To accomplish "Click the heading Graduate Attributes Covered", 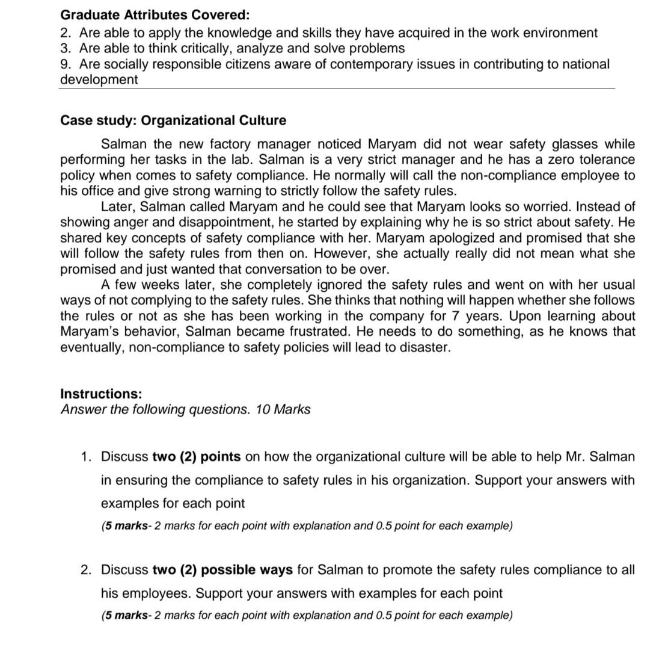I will pyautogui.click(x=155, y=14).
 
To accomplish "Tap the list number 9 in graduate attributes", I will pyautogui.click(x=66, y=64).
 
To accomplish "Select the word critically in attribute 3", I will pyautogui.click(x=207, y=48).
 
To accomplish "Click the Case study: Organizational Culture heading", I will pyautogui.click(x=173, y=120).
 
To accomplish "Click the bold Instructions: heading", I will pyautogui.click(x=101, y=394).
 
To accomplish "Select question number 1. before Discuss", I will pyautogui.click(x=86, y=457).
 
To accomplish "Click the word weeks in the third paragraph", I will pyautogui.click(x=161, y=285).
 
